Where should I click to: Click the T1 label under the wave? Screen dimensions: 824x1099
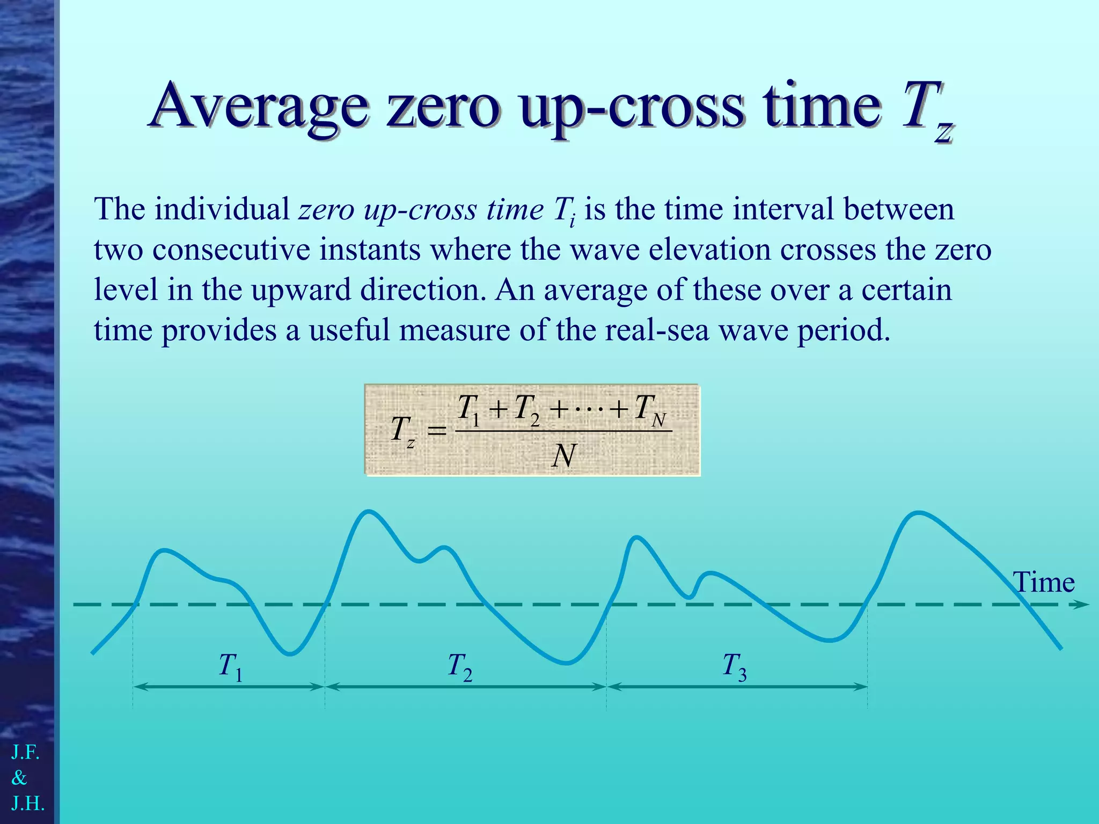coord(230,667)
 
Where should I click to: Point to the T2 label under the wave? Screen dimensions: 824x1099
coord(459,667)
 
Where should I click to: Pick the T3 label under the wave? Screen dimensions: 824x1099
coord(734,667)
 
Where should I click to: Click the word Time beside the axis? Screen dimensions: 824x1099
coord(1043,583)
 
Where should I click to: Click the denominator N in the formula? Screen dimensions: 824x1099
coord(563,457)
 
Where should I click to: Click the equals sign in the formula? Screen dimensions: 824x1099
coord(436,431)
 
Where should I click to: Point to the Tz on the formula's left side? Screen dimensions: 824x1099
coord(402,431)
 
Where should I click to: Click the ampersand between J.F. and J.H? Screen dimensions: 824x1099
coord(19,777)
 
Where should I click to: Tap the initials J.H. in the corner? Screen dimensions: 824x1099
coord(28,803)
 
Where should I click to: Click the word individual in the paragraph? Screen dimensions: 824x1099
coord(222,209)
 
